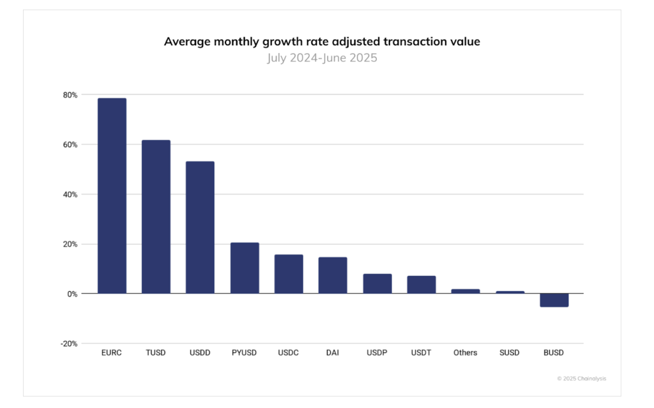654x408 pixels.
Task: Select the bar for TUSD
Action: coord(156,217)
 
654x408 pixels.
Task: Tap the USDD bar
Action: coord(200,227)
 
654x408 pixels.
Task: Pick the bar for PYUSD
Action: coord(245,268)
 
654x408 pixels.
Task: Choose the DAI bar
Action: coord(333,275)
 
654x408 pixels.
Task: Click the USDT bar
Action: coord(422,285)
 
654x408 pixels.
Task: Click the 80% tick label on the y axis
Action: coord(70,95)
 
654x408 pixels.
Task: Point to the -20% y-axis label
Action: coord(68,344)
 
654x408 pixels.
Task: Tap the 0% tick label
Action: coord(71,294)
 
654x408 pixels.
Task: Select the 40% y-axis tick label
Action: coord(70,194)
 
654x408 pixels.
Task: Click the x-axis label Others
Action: coord(465,352)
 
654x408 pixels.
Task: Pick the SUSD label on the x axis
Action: coord(510,352)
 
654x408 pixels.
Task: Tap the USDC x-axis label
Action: coord(289,352)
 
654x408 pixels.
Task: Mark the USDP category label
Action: coord(377,352)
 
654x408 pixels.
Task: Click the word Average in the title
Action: coord(186,42)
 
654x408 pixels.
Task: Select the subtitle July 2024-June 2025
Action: coord(322,58)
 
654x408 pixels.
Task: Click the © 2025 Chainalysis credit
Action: coord(581,379)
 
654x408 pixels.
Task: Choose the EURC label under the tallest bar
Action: coord(112,352)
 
